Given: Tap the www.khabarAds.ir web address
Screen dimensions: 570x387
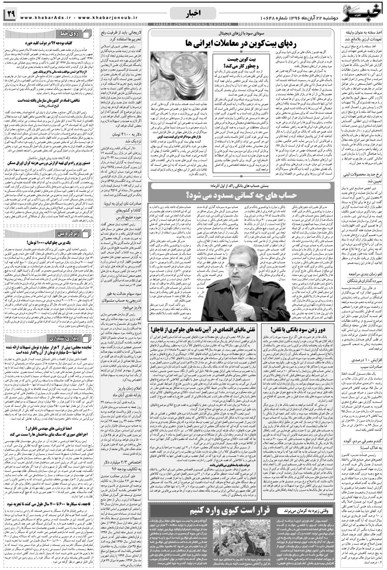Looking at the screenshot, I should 43,17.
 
